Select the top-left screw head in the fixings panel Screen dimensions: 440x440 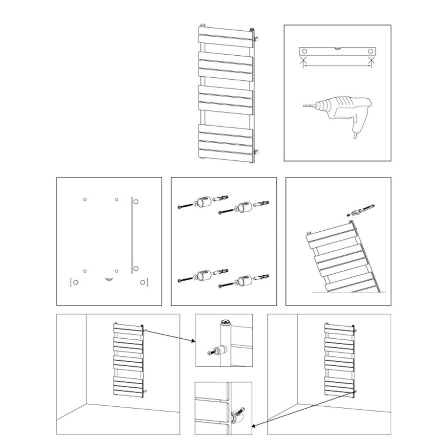(x=179, y=208)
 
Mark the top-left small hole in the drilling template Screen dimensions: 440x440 (x=85, y=199)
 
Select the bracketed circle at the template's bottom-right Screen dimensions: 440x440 (x=143, y=282)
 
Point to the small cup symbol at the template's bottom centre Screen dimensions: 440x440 (x=109, y=279)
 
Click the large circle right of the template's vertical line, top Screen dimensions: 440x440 (x=136, y=201)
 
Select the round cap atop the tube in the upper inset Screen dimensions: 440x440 (x=225, y=323)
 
